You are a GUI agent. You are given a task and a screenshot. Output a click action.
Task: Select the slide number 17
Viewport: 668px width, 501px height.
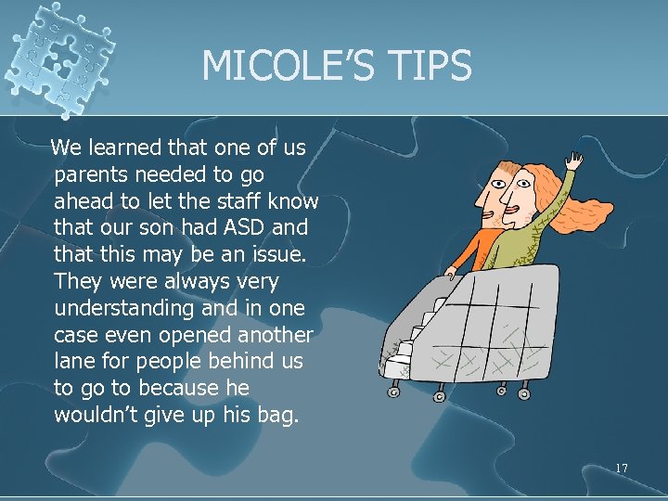pyautogui.click(x=621, y=469)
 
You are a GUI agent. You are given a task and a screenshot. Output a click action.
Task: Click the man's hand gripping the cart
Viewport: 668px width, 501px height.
pyautogui.click(x=450, y=273)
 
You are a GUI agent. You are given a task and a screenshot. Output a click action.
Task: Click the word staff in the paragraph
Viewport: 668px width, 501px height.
pyautogui.click(x=240, y=200)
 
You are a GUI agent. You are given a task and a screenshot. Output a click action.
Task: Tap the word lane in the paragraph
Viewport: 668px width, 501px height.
pyautogui.click(x=74, y=361)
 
